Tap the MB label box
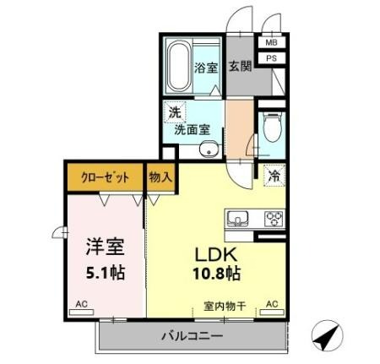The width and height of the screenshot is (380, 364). pyautogui.click(x=272, y=42)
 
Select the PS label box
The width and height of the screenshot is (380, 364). pyautogui.click(x=272, y=58)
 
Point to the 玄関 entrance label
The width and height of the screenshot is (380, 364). pyautogui.click(x=240, y=66)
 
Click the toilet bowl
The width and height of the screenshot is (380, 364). pyautogui.click(x=272, y=127)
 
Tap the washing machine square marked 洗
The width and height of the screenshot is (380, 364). pyautogui.click(x=175, y=112)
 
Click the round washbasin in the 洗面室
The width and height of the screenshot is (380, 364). pyautogui.click(x=209, y=149)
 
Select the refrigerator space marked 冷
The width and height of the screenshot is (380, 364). pyautogui.click(x=274, y=176)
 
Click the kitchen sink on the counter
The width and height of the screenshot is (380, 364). pyautogui.click(x=238, y=218)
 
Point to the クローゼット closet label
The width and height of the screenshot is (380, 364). pyautogui.click(x=105, y=177)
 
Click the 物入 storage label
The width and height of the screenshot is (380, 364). pyautogui.click(x=160, y=177)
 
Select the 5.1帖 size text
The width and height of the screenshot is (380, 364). pyautogui.click(x=106, y=273)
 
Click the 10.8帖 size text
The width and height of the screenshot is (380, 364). pyautogui.click(x=216, y=273)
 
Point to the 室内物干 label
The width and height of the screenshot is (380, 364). pyautogui.click(x=225, y=306)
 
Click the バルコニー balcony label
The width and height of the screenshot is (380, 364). pyautogui.click(x=192, y=336)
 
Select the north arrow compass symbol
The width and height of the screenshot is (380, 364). pyautogui.click(x=328, y=335)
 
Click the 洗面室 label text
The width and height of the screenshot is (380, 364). pyautogui.click(x=192, y=130)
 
